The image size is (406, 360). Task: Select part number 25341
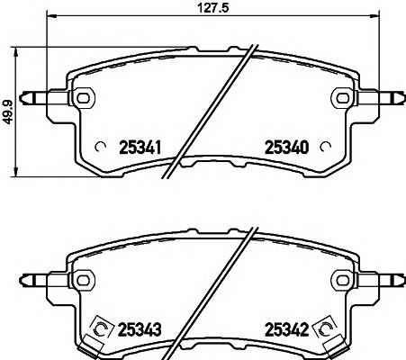pos(140,148)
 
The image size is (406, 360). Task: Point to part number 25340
pos(286,148)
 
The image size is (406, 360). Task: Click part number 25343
pos(140,328)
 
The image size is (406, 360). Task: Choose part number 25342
pos(286,328)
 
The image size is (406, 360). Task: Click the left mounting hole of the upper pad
pos(83,96)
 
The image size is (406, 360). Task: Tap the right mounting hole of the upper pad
pos(342,96)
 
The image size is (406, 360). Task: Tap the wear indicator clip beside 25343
pos(99,330)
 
